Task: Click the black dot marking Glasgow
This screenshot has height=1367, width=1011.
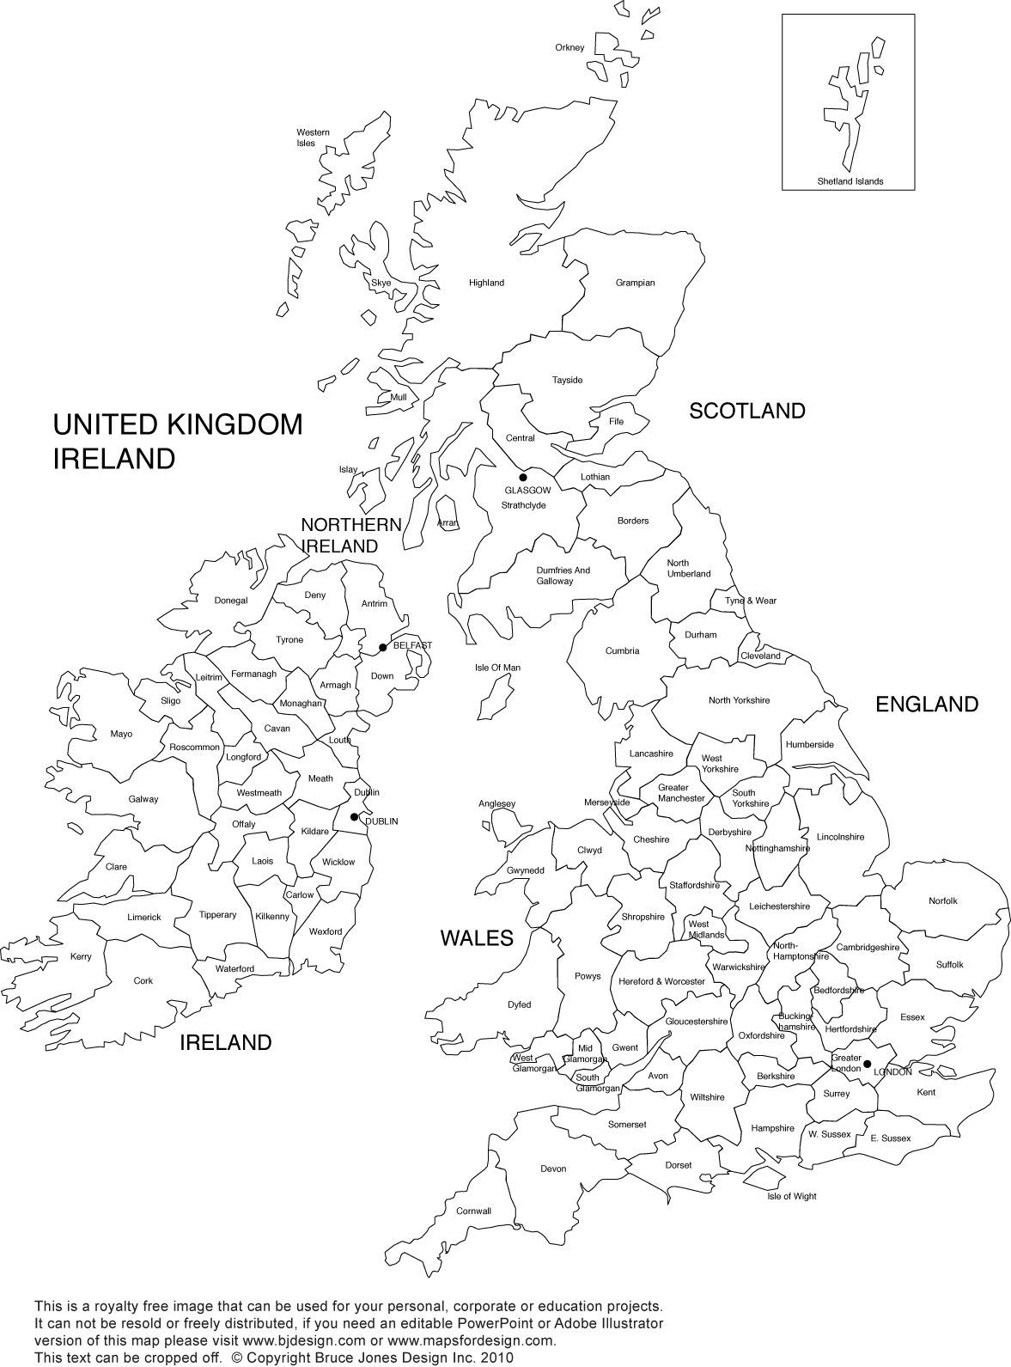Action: [x=522, y=477]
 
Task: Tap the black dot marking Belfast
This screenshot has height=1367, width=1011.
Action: [x=382, y=647]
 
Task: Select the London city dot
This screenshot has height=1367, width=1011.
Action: [x=867, y=1064]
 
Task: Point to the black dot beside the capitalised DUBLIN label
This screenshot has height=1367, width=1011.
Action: [x=355, y=817]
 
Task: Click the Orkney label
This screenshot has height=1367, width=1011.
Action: [x=569, y=47]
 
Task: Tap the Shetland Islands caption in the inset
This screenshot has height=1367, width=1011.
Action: [x=850, y=181]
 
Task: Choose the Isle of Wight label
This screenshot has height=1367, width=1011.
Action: [x=792, y=1196]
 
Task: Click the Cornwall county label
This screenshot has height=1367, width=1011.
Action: [x=473, y=1211]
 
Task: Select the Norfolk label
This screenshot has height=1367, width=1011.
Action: [x=942, y=900]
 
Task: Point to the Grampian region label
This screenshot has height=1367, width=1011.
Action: [x=635, y=283]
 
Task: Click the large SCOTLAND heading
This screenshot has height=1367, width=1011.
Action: [x=747, y=411]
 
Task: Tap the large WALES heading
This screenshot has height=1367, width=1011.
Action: [x=477, y=938]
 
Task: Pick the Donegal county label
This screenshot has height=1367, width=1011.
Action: [x=231, y=601]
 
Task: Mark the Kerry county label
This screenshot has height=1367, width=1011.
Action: [x=81, y=956]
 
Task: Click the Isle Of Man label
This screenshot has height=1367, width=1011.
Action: [x=497, y=668]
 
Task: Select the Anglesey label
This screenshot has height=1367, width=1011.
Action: [x=496, y=804]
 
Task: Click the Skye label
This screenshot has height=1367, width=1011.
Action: [x=381, y=283]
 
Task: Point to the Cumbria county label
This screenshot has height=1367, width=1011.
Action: [x=622, y=650]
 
